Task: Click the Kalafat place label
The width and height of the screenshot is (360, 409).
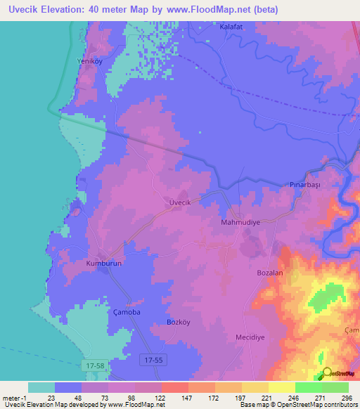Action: pyautogui.click(x=232, y=26)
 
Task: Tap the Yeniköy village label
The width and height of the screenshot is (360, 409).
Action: pyautogui.click(x=89, y=61)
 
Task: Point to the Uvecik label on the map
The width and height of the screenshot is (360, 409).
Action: pyautogui.click(x=181, y=202)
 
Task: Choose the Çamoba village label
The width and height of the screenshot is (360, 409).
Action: pyautogui.click(x=127, y=311)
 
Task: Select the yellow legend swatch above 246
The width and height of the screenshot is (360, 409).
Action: pyautogui.click(x=281, y=387)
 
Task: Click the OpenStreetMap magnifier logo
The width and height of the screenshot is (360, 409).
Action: pyautogui.click(x=326, y=372)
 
